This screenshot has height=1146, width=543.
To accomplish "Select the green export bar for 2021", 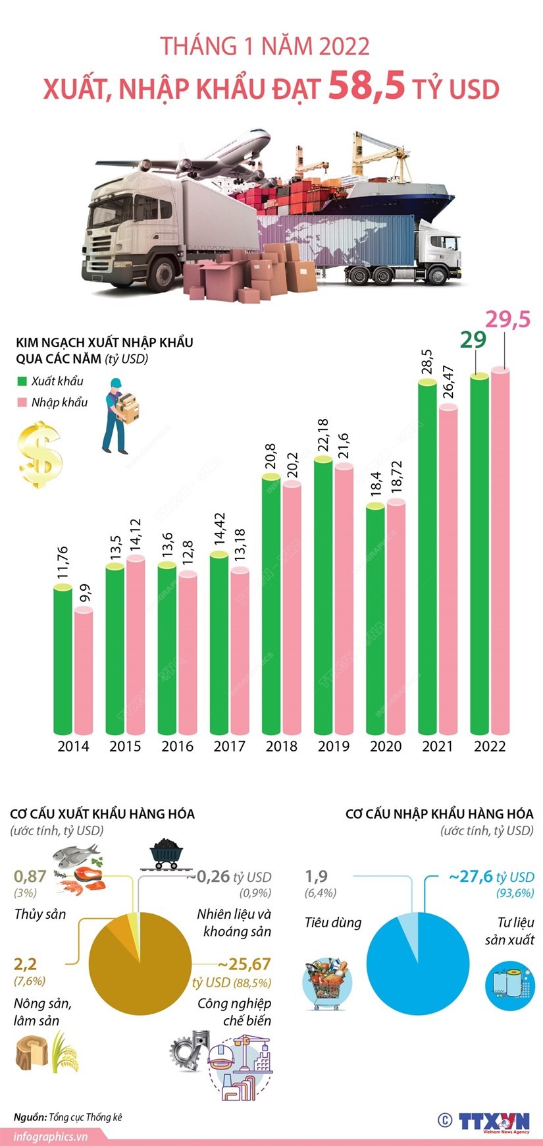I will tap(428, 560).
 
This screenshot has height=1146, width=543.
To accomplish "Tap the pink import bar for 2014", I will tap(84, 672).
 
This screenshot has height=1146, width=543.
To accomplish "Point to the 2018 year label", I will tap(281, 746).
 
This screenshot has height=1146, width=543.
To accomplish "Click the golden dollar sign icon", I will tap(40, 454).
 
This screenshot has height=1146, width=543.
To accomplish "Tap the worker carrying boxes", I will tap(120, 416).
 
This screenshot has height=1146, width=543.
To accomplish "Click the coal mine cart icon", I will tap(165, 854).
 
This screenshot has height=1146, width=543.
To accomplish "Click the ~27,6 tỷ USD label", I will tap(491, 877).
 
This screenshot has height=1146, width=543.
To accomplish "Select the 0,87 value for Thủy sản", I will tap(30, 877).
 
